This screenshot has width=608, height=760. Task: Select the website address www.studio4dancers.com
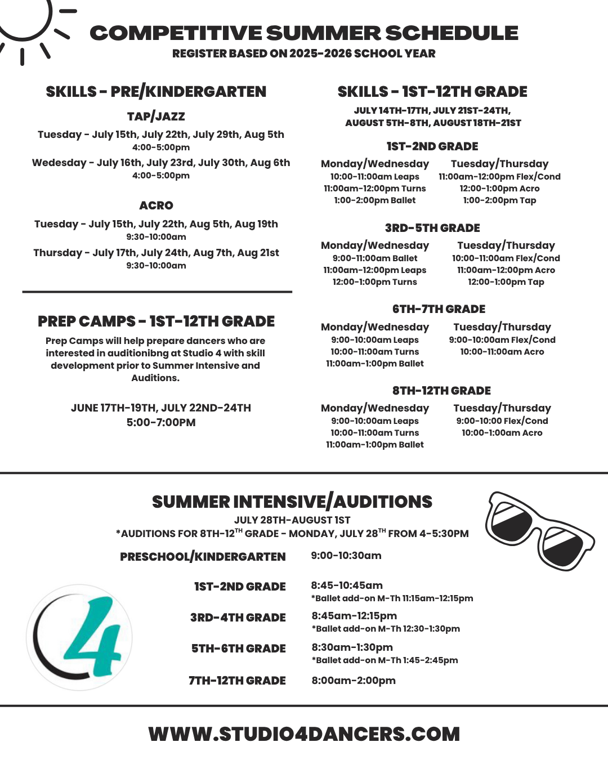point(304,734)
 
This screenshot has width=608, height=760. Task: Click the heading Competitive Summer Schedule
point(304,33)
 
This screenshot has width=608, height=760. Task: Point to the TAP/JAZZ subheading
point(156,117)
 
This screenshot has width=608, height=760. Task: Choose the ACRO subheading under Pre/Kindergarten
point(156,205)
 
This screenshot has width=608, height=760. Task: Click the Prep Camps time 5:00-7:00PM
point(161,422)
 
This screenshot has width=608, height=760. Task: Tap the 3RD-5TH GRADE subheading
point(432,228)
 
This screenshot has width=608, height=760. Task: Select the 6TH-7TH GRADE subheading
point(439,309)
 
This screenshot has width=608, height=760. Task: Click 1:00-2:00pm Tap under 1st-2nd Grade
point(499,200)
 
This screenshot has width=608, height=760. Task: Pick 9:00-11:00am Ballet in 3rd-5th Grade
point(375,258)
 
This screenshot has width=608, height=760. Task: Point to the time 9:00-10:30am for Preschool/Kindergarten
point(346,556)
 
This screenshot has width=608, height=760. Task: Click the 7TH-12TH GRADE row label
point(237,681)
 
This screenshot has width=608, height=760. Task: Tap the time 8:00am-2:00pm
point(354,681)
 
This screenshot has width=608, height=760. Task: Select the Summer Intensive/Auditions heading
point(292,502)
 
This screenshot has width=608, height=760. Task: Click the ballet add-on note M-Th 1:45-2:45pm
point(385,660)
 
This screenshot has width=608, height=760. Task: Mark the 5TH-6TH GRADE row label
point(239,649)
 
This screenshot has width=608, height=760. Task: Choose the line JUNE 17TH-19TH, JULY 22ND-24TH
point(161,408)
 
